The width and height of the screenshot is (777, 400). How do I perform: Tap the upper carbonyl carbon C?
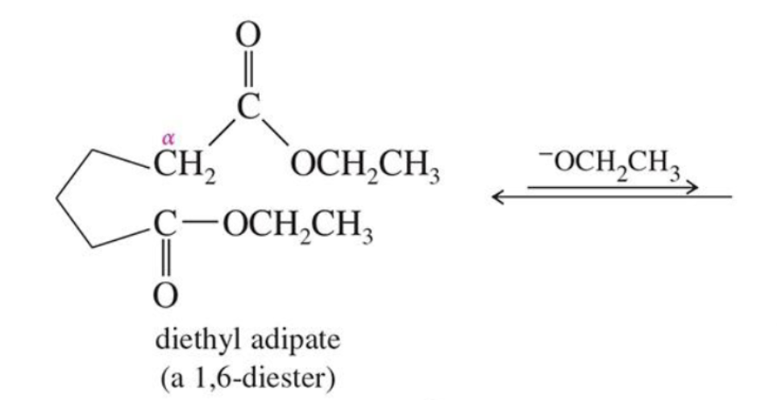[249, 108]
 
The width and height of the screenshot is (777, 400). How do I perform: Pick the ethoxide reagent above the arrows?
[610, 164]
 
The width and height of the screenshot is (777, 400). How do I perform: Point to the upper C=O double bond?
[249, 71]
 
